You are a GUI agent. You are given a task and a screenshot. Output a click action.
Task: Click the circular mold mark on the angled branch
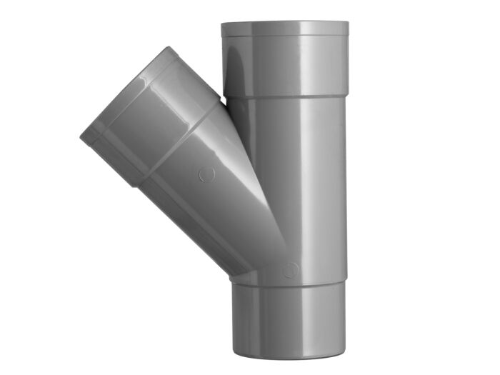tap(206, 174)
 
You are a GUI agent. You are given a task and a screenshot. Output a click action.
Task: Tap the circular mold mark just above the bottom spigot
tap(289, 269)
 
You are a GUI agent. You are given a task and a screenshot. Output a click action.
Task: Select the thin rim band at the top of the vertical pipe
tap(285, 29)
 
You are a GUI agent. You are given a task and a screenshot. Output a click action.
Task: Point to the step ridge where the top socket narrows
tap(285, 97)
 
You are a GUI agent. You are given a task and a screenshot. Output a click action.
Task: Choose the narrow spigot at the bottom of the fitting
tap(286, 314)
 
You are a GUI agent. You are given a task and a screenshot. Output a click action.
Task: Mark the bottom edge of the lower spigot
tap(286, 356)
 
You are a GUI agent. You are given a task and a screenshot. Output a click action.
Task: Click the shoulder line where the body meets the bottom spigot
tap(286, 281)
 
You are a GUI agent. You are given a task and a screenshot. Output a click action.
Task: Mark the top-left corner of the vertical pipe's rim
tap(221, 24)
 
